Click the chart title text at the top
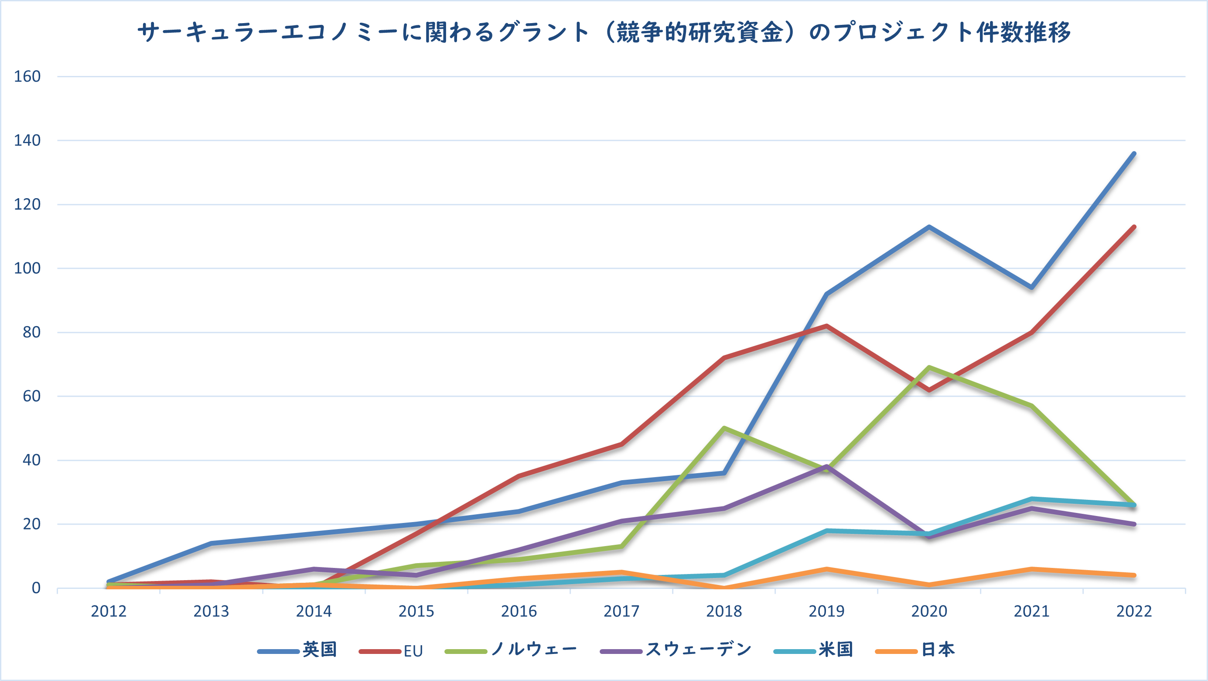(x=604, y=33)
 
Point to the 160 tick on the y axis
(x=27, y=76)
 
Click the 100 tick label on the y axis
(x=27, y=268)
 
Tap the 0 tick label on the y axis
(x=36, y=588)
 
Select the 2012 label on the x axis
(x=109, y=612)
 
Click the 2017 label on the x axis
(x=621, y=612)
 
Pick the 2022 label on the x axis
(x=1134, y=612)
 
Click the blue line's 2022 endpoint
(x=1134, y=154)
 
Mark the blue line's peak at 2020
(x=929, y=227)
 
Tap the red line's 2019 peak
(x=826, y=326)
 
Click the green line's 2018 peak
(x=724, y=428)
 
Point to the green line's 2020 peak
(x=929, y=368)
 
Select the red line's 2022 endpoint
(x=1134, y=227)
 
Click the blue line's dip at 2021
(x=1032, y=287)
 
